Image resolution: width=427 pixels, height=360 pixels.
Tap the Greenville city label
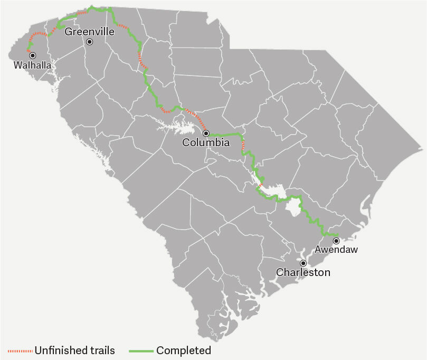89,32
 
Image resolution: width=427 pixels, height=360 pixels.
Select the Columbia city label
206,143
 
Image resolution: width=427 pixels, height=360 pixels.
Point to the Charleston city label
303,272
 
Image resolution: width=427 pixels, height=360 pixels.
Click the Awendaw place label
336,250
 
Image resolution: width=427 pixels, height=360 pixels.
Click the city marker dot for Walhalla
32,55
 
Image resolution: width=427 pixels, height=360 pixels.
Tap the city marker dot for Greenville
90,42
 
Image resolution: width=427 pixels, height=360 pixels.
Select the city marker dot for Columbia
206,133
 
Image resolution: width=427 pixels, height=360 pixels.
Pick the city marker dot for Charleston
303,263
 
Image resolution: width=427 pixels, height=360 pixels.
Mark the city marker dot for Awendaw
336,241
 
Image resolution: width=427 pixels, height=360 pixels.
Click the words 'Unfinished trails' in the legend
74,350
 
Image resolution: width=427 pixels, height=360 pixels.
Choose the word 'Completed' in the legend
184,350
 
